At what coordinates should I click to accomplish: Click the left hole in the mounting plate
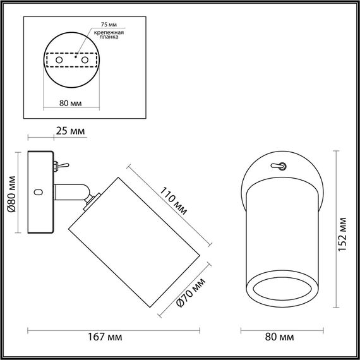60,59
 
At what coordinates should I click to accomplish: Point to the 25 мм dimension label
69,131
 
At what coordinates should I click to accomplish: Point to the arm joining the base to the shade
71,190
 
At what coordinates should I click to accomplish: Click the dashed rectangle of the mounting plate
71,59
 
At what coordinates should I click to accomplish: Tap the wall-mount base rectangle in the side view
40,193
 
